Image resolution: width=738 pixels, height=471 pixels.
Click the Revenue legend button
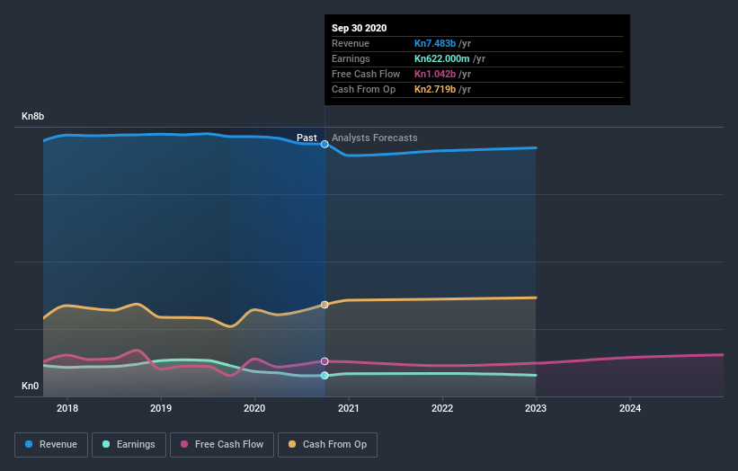coord(52,444)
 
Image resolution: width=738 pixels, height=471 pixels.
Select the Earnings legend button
coord(129,444)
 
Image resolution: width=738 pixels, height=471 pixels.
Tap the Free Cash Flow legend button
coord(222,444)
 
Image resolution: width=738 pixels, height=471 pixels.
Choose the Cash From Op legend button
coord(328,444)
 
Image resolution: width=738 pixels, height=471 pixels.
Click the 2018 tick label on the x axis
coord(67,407)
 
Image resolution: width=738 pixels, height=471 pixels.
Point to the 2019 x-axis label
coord(161,407)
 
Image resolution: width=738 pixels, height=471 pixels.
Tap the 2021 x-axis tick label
coord(349,407)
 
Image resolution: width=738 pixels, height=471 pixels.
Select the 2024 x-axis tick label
coord(630,407)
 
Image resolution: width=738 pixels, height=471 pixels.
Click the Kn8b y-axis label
coord(33,117)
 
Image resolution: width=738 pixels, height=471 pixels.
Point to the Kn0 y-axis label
coord(31,387)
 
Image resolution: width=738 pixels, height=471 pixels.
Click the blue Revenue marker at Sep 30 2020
coord(325,144)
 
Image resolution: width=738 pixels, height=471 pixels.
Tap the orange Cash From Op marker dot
coord(325,305)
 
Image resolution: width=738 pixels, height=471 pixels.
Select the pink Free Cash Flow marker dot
coord(325,360)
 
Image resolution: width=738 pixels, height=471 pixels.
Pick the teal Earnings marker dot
coord(325,376)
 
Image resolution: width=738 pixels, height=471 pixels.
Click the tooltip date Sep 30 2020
coord(359,28)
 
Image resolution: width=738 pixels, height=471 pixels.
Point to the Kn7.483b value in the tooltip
coord(435,43)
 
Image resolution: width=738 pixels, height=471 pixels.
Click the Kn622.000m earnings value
coord(440,58)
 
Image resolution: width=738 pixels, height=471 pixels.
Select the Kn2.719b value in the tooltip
coord(435,89)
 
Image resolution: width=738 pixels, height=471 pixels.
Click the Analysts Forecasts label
coord(374,138)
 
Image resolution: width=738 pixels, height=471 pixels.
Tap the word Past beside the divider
coord(307,138)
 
